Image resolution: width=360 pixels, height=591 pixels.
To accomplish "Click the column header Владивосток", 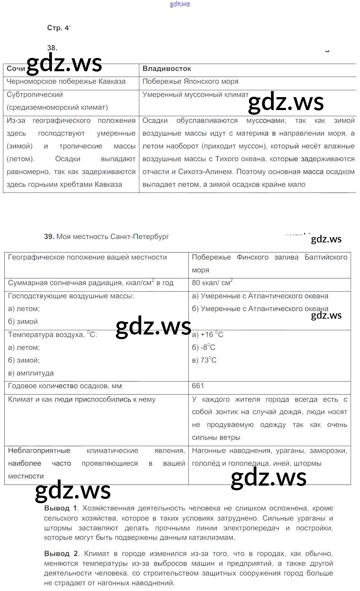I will pos(167,69).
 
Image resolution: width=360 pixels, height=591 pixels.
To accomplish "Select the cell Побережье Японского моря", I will pos(190,82).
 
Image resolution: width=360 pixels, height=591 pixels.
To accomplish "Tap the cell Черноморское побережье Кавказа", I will pos(66,82).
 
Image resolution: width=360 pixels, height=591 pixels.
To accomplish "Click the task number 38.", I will pos(52,48).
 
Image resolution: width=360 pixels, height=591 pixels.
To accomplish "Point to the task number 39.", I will pos(49,237).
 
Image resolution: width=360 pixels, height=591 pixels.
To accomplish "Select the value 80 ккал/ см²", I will pos(212,283).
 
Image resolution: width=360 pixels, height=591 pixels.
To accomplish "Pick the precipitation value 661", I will pos(198,386).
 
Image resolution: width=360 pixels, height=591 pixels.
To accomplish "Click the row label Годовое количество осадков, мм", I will pos(65,386).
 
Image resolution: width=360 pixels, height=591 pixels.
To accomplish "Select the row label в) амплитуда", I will pos(31,373).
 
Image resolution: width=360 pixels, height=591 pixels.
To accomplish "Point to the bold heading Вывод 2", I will pos(61,554).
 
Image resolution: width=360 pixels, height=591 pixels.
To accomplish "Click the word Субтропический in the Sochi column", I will pos(35,95).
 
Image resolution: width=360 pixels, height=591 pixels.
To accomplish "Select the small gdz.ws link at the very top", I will pos(180,4).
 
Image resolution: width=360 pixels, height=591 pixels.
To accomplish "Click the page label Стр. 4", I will pos(58,28).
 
